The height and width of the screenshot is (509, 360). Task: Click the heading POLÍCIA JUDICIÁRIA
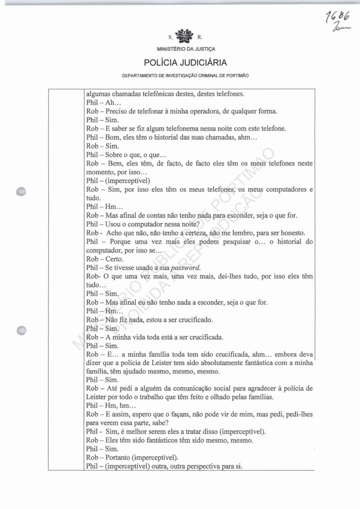(182, 63)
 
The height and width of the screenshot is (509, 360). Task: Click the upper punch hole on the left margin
(21, 191)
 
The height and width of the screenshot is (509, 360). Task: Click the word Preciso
(118, 111)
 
